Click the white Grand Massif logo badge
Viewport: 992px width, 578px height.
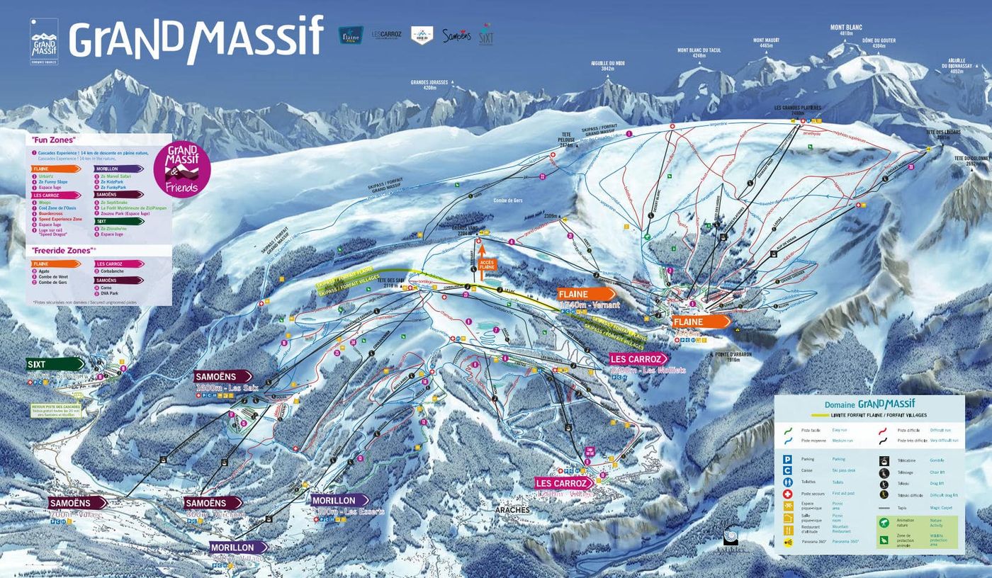click(x=44, y=41)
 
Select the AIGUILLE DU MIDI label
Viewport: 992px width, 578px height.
click(x=608, y=66)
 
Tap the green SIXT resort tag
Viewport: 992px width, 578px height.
click(x=55, y=364)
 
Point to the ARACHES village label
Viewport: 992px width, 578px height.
click(x=512, y=509)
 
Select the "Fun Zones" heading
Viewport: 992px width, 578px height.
click(x=54, y=140)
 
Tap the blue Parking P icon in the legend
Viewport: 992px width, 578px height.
click(x=787, y=459)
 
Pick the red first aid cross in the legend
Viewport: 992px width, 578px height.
click(x=787, y=494)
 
